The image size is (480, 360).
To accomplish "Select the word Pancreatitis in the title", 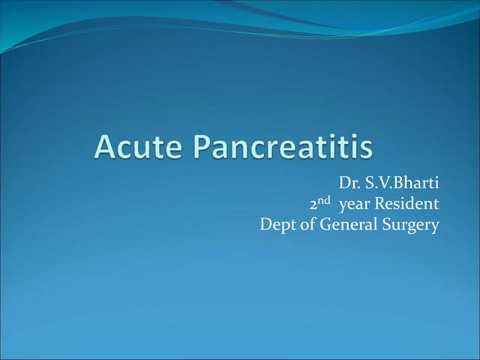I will (277, 146).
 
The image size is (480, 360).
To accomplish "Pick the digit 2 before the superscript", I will (313, 204).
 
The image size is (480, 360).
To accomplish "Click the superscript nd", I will (325, 200).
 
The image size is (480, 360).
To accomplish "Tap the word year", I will (355, 204).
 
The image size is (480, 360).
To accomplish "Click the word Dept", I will (276, 224).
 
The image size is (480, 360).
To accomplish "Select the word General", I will (347, 224).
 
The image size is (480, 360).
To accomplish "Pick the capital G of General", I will (325, 224).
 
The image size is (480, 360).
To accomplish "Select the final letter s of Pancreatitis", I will (365, 148).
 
